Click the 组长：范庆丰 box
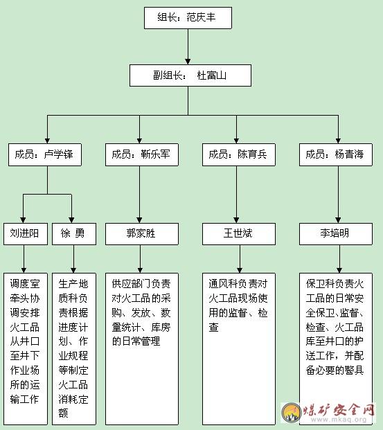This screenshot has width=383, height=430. [188, 18]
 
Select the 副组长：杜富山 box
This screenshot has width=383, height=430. [190, 75]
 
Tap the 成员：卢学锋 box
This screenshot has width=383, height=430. [45, 154]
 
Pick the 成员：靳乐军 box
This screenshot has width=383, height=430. [142, 154]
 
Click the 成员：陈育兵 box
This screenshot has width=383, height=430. [239, 154]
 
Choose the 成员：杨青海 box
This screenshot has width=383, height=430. [336, 154]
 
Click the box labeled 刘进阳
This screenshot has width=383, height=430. [26, 234]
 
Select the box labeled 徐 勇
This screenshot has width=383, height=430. [74, 234]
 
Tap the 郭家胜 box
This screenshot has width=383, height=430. [142, 234]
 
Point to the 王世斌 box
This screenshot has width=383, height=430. [239, 234]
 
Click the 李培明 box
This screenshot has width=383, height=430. [336, 234]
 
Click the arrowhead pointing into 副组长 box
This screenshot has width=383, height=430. [188, 62]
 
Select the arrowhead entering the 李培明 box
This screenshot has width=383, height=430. [338, 220]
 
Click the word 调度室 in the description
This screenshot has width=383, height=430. [25, 284]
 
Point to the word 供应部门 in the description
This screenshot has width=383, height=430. [131, 284]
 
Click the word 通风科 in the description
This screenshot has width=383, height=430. [223, 284]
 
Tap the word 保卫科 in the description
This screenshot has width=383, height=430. [321, 284]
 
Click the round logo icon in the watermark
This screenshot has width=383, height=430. [292, 413]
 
